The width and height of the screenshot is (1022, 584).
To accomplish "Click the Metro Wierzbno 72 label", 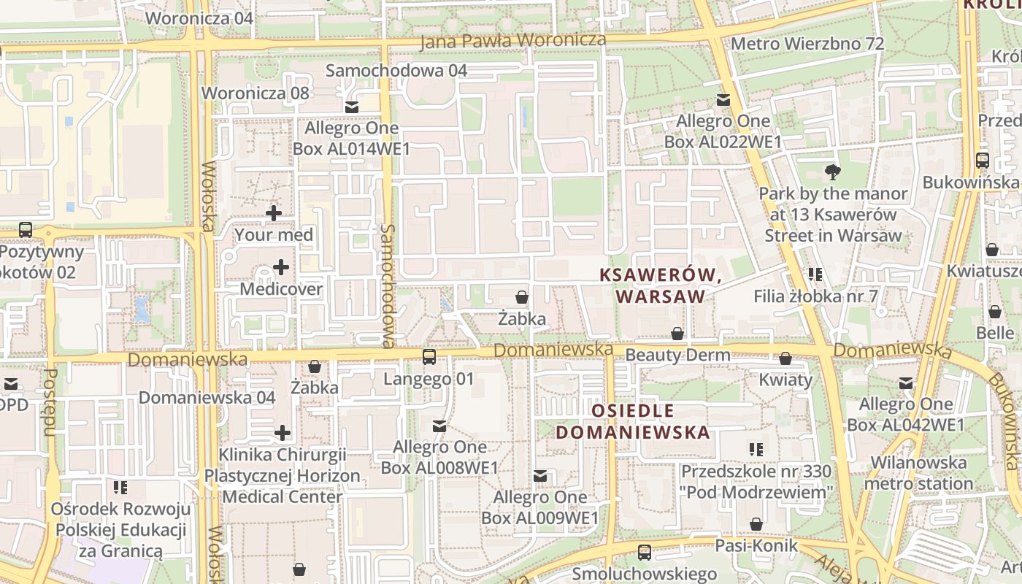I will (807, 44).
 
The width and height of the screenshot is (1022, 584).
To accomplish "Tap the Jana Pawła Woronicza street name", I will (513, 41).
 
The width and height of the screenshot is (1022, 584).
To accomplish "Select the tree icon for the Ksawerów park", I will (831, 173).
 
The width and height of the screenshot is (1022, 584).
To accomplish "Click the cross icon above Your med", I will (274, 213).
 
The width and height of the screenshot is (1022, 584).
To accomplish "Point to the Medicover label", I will (281, 289).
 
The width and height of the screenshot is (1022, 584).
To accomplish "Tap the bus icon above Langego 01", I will (429, 357).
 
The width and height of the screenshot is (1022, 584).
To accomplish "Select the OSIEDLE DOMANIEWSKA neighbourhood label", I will (632, 421).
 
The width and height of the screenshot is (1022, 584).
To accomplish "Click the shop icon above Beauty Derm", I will (677, 334).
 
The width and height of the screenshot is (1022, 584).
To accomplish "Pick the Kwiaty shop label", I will (785, 380).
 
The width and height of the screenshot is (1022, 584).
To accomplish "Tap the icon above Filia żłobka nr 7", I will (815, 274).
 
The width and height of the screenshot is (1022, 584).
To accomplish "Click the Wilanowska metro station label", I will (918, 473).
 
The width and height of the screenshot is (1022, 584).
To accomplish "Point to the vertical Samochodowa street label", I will (388, 285).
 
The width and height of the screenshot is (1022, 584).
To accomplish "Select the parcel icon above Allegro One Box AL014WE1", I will (352, 107).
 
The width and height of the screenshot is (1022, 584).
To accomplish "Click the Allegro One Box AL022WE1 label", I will (723, 131).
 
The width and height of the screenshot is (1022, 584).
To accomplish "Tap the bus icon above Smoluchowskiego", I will (644, 553).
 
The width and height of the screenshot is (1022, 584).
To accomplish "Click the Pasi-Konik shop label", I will (756, 546).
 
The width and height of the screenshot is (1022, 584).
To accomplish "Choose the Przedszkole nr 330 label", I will (756, 482).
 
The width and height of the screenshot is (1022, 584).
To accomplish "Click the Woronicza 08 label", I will (255, 93).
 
